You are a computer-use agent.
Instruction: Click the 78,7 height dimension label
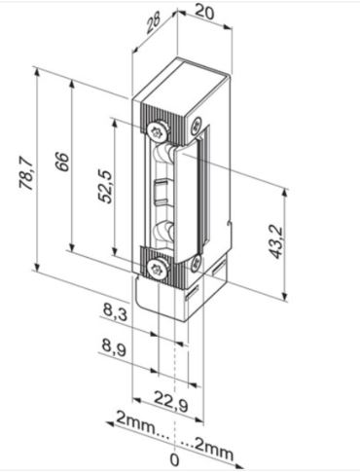(26, 173)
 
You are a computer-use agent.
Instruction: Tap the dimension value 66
(61, 162)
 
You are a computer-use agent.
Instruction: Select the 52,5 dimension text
(106, 187)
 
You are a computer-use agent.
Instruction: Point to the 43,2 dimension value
(276, 242)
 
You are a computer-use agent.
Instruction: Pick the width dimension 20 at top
(204, 13)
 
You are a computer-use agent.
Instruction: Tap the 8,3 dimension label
(115, 312)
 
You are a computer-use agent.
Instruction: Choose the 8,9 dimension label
(114, 348)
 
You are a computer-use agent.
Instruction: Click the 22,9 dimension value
(170, 401)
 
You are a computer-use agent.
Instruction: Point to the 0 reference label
(174, 459)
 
